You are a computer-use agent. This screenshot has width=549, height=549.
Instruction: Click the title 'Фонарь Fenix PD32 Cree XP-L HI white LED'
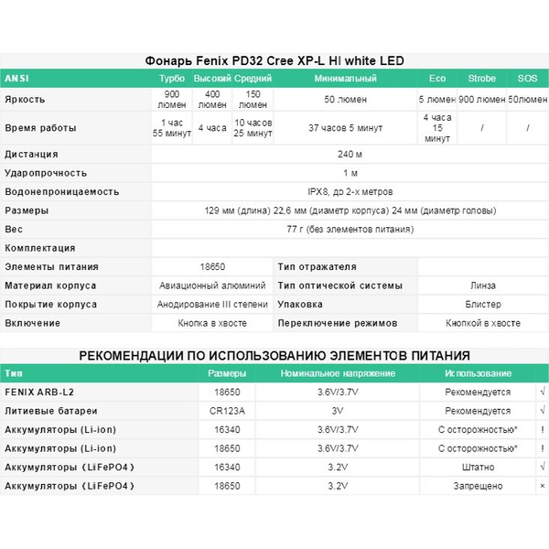coord(274,60)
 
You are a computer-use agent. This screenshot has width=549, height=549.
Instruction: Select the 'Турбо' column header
coord(171,79)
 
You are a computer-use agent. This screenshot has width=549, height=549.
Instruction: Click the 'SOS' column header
coord(527,79)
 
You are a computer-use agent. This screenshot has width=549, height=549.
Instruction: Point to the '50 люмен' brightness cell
coord(345,99)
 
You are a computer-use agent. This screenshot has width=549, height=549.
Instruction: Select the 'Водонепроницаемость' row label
coord(62,191)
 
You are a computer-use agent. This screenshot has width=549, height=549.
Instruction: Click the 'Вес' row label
coord(14,229)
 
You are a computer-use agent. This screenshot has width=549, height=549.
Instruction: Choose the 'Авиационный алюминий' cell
coord(211,285)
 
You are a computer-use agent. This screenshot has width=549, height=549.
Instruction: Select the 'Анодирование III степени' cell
coord(211,304)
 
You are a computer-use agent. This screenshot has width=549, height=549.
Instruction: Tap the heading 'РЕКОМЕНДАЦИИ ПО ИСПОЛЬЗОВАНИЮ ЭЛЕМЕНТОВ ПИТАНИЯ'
coord(274,355)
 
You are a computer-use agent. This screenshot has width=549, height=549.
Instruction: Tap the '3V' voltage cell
coord(337,411)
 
